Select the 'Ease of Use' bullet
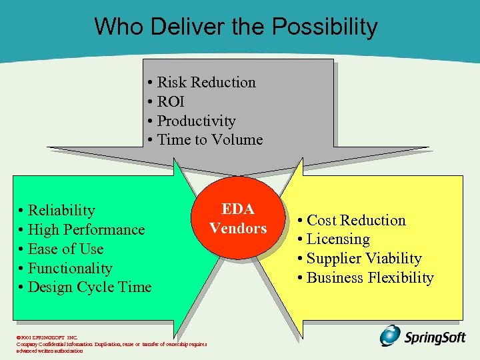pyautogui.click(x=65, y=249)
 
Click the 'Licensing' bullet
pyautogui.click(x=337, y=239)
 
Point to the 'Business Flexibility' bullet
pyautogui.click(x=369, y=278)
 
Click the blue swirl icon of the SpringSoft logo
pyautogui.click(x=391, y=335)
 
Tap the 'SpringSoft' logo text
pyautogui.click(x=435, y=337)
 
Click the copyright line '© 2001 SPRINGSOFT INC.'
pyautogui.click(x=47, y=338)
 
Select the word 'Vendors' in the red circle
pyautogui.click(x=238, y=228)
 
